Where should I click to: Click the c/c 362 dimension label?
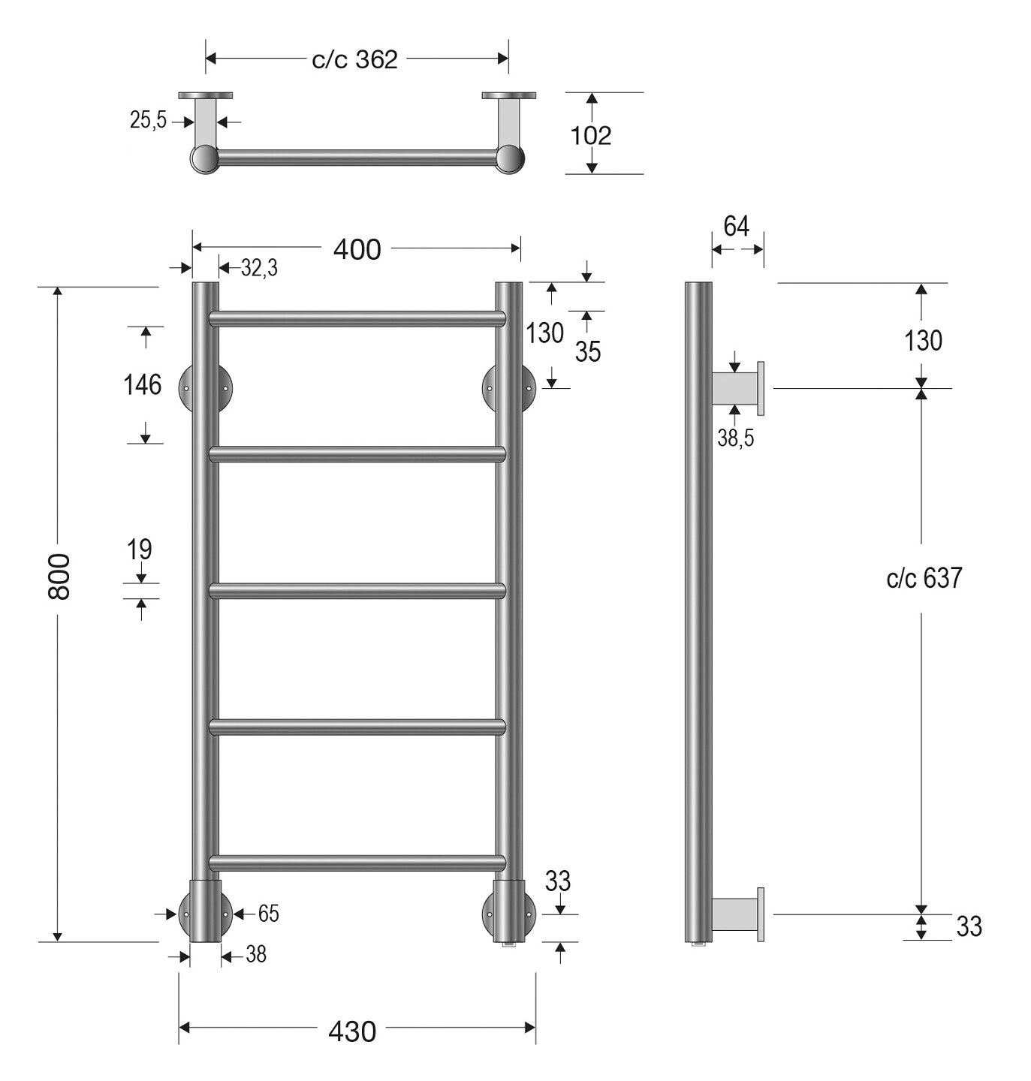click(354, 59)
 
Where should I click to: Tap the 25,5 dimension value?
click(148, 119)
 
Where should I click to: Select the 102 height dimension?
click(590, 136)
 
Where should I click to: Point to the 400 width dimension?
click(357, 250)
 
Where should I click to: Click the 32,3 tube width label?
click(259, 268)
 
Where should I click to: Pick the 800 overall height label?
click(59, 577)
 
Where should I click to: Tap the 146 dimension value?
click(142, 385)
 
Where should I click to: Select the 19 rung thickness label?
click(139, 549)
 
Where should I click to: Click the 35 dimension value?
click(588, 351)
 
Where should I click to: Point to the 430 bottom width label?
click(352, 1031)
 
